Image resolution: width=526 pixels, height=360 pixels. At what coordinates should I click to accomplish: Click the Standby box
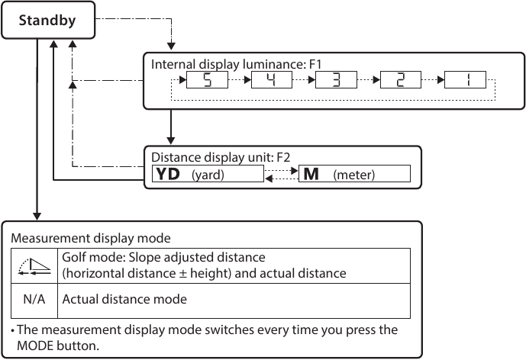coord(47,21)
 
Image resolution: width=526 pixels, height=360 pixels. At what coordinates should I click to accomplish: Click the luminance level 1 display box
coord(466,80)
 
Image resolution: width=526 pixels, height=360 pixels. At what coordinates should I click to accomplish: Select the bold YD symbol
coord(168,175)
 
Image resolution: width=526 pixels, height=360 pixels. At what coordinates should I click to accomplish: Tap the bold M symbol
coord(311,175)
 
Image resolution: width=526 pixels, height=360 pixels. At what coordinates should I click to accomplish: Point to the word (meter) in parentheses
coord(354,175)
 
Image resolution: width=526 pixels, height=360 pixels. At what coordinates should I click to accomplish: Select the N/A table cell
coord(34,299)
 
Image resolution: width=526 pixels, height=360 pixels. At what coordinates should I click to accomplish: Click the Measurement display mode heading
coord(90,236)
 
